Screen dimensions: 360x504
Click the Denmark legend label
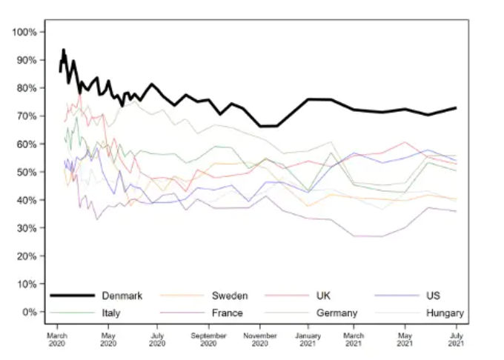pos(122,296)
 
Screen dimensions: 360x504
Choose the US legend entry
pos(434,296)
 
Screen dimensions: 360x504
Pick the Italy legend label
pos(111,313)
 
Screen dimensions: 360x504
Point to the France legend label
pos(227,313)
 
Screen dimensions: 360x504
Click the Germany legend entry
pos(337,313)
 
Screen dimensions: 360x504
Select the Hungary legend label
pos(445,313)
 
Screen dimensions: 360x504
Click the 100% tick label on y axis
pos(24,32)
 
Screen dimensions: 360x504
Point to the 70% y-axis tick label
pos(26,116)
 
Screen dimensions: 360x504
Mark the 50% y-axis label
pos(26,172)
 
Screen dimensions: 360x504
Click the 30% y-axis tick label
pos(26,228)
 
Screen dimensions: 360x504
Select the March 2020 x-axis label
pos(57,339)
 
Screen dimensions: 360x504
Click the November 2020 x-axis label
pos(259,339)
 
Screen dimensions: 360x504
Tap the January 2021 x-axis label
pos(309,339)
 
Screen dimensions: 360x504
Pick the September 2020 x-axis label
pos(208,339)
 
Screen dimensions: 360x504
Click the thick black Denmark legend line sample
pos(72,296)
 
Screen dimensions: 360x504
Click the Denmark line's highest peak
pos(64,50)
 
